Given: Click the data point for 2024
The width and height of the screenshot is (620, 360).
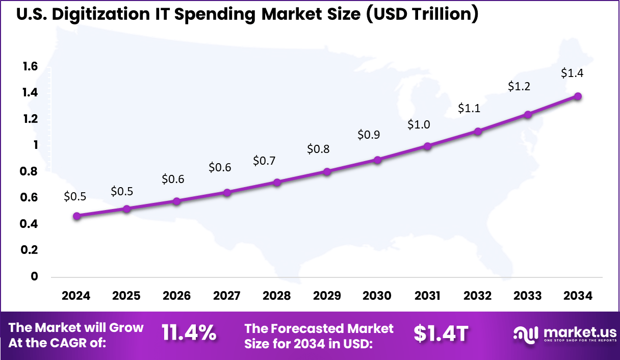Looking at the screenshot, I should (x=76, y=216).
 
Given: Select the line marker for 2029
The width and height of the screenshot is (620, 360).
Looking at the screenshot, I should (x=327, y=172).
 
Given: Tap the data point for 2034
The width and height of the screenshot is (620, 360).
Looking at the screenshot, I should (x=578, y=96).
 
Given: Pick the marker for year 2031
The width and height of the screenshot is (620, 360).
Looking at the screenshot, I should (x=428, y=146).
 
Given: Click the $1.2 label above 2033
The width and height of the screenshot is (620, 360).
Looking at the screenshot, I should (x=519, y=87).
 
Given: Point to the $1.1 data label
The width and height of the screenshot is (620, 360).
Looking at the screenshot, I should (x=469, y=108).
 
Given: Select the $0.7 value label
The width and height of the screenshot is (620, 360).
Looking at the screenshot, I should (x=264, y=161).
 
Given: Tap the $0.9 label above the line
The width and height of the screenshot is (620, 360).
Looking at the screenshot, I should (x=368, y=135).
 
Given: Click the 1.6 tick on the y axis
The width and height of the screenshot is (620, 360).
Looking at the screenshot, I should (x=30, y=66).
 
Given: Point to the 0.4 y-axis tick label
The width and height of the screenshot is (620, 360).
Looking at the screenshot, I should (x=30, y=224).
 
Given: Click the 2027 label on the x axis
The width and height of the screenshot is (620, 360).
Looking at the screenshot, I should (x=227, y=296).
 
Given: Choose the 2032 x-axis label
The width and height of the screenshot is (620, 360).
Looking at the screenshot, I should (x=478, y=296).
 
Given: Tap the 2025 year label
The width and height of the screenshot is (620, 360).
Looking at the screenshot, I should (x=126, y=296).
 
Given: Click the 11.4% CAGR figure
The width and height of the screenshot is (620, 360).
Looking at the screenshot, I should (x=189, y=334).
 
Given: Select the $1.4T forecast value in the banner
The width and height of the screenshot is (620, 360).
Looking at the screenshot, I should (x=441, y=334).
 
